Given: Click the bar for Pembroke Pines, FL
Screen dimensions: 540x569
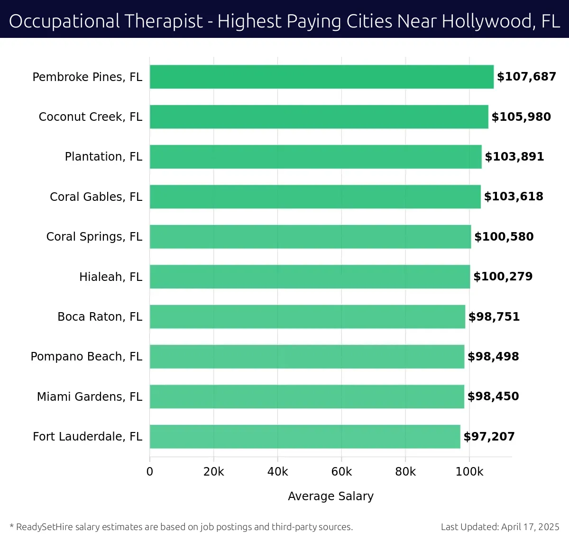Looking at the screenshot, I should [x=321, y=77].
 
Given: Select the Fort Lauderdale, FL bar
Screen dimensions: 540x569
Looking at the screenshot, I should [x=305, y=436].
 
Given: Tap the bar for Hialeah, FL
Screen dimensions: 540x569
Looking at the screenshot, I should [x=310, y=277].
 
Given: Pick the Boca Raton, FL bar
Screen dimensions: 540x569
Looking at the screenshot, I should [x=307, y=316].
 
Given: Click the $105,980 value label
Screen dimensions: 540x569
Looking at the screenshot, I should [x=521, y=117].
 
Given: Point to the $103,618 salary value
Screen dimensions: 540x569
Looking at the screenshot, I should [x=514, y=197].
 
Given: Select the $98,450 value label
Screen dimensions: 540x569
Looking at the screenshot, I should [x=493, y=396].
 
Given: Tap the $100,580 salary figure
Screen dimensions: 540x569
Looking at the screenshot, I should [x=504, y=237].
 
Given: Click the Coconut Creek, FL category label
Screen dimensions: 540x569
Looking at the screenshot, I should [x=90, y=117].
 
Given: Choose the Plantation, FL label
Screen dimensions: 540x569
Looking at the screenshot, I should [x=103, y=157].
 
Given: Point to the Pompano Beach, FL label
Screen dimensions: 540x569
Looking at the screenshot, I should [x=86, y=357].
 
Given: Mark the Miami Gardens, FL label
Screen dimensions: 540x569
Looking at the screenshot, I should [x=89, y=396].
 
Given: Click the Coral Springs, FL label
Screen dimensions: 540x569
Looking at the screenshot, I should [x=94, y=237].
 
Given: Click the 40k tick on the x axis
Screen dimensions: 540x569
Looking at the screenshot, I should [x=277, y=472].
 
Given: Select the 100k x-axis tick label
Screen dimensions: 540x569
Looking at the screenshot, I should [x=469, y=472].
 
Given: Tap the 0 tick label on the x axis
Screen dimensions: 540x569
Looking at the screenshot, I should [x=150, y=472].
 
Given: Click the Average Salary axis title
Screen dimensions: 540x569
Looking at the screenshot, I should [x=330, y=496].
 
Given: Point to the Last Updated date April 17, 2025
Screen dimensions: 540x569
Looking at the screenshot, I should [x=530, y=527].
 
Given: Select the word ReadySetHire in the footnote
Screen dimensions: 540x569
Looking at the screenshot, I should [x=45, y=527].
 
